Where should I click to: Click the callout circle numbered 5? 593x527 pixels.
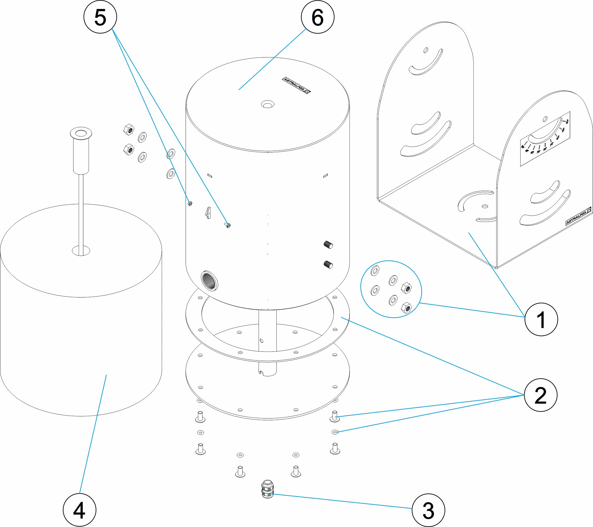(100, 17)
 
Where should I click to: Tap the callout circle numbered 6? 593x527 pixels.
(318, 17)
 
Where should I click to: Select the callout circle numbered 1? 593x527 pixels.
(541, 319)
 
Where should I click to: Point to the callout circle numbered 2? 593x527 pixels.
(541, 395)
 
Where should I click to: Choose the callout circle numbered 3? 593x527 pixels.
(428, 510)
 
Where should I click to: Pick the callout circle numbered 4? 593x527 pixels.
(79, 510)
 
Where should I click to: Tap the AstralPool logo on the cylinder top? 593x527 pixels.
(296, 85)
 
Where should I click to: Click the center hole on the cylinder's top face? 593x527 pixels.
(267, 104)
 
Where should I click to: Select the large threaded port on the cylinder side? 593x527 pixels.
(209, 281)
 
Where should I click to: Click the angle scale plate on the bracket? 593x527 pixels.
(545, 139)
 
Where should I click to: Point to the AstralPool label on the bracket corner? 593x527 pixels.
(578, 216)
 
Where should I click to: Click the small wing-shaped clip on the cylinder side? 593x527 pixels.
(208, 213)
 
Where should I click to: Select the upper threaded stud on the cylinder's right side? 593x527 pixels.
(328, 245)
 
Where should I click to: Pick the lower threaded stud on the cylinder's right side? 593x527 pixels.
(328, 264)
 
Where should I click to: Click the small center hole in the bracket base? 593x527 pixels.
(485, 206)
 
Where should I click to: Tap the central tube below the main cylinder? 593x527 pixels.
(267, 341)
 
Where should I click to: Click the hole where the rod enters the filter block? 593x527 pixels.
(81, 251)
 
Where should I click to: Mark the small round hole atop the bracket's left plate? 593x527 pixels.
(425, 50)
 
